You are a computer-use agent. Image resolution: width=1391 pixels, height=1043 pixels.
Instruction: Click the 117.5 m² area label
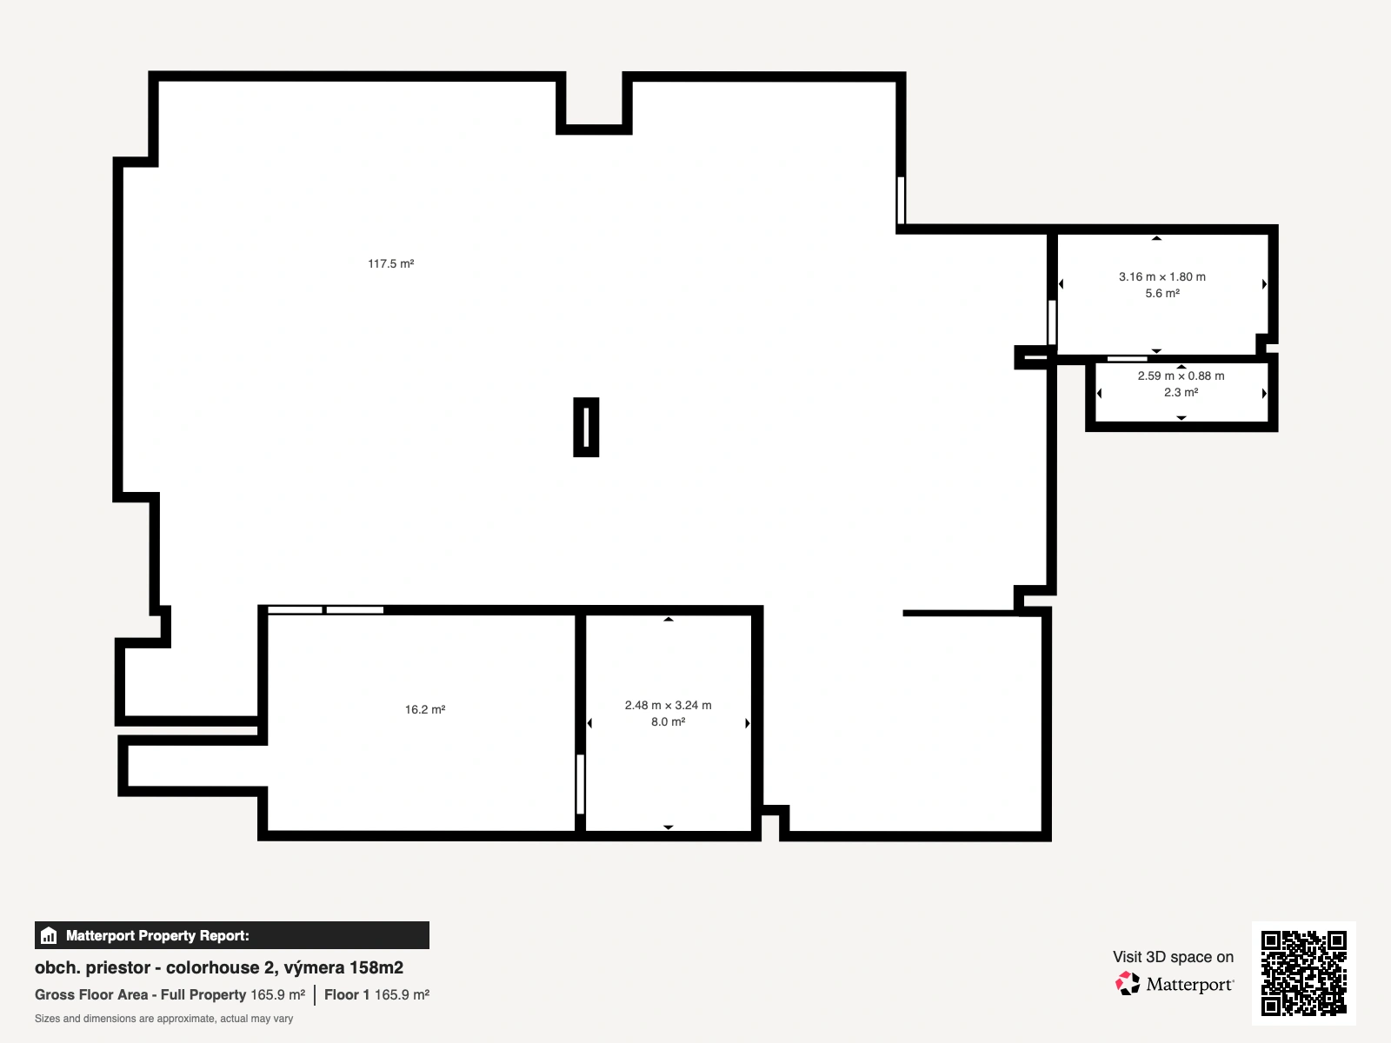(x=391, y=263)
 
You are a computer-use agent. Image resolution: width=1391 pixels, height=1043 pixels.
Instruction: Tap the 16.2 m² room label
(x=425, y=709)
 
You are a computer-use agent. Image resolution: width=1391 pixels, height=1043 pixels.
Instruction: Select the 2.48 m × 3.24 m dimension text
(x=668, y=705)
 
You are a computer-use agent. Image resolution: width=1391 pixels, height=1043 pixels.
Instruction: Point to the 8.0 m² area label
(x=668, y=721)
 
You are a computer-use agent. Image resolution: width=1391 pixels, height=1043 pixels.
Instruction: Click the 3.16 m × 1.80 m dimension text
(x=1162, y=276)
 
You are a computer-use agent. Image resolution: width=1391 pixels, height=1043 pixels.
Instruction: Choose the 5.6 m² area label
(x=1162, y=293)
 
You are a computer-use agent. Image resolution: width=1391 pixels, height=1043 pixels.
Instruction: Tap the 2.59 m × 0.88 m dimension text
(x=1181, y=375)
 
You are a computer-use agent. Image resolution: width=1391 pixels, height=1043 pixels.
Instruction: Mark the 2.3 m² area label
(x=1181, y=392)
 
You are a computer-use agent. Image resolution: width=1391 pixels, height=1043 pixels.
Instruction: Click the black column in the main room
(x=586, y=427)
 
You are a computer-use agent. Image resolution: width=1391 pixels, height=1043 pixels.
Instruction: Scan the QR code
(x=1303, y=973)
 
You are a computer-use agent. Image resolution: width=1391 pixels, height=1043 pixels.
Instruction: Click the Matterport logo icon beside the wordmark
(x=1128, y=984)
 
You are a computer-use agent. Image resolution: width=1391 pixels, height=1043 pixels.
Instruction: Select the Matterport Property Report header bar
(x=232, y=935)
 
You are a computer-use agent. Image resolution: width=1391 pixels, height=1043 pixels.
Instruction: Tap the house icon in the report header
(x=49, y=935)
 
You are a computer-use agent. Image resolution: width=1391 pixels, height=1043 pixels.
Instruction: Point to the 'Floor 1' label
(x=347, y=995)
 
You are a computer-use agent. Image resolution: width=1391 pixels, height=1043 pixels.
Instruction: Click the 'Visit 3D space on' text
(x=1173, y=957)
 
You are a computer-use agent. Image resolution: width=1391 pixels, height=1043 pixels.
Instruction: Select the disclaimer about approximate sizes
(x=164, y=1019)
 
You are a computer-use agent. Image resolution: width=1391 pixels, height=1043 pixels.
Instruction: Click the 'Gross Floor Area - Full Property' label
(x=140, y=995)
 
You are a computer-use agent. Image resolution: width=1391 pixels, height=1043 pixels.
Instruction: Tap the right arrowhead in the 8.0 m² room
(x=748, y=722)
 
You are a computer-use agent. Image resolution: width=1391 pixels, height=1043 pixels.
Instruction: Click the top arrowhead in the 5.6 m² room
(x=1156, y=238)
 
